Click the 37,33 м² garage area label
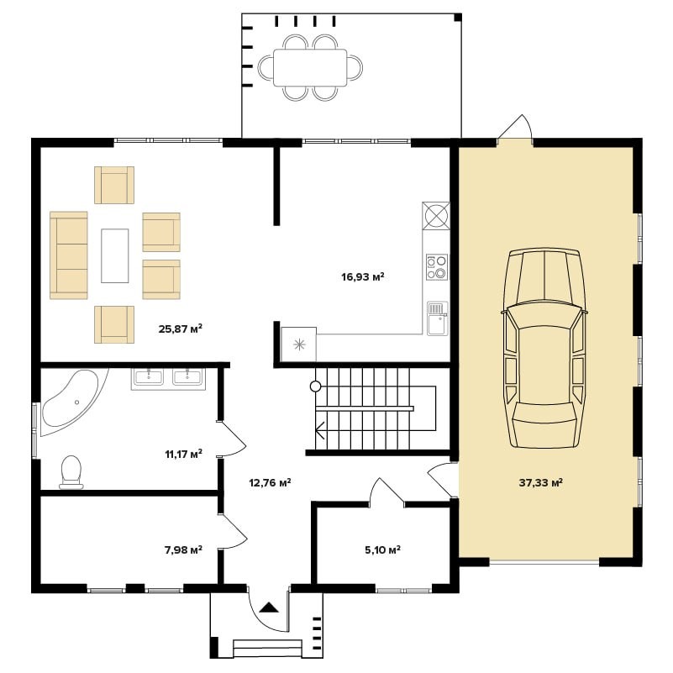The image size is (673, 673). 541,482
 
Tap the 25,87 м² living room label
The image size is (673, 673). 181,329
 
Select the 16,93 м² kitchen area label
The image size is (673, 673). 363,276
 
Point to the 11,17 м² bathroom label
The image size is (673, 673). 184,454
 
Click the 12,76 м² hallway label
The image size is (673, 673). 270,483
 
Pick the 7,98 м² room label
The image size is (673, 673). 184,549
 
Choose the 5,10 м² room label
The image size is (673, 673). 383,549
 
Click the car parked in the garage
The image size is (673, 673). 544,348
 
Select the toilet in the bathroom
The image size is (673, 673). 71,472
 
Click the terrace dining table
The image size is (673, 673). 310,67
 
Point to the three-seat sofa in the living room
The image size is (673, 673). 69,255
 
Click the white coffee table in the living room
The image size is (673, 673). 114,255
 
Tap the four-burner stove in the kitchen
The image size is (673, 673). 437,267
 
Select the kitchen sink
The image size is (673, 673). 438,318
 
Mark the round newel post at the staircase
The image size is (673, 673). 315,386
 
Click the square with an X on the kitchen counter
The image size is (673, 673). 436,215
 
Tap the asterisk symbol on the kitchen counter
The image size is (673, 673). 299,344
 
